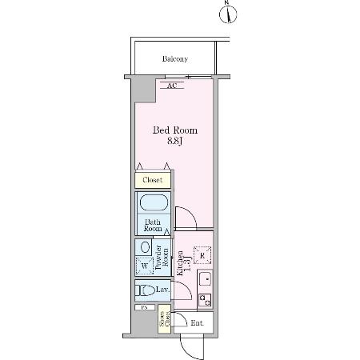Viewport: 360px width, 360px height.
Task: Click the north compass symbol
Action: point(228,13)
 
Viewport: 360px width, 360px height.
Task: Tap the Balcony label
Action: point(174,59)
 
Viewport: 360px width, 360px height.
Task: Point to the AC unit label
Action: point(171,85)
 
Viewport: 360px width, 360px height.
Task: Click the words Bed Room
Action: point(175,130)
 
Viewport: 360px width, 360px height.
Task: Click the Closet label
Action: point(153,181)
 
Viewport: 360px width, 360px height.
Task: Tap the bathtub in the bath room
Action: point(153,203)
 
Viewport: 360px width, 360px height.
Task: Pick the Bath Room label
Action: point(152,225)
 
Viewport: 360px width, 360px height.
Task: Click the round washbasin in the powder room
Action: point(145,248)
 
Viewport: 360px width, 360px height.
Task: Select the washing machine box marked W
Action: point(144,266)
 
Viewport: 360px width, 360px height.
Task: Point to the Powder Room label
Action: point(162,258)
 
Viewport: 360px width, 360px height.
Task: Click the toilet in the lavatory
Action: point(146,290)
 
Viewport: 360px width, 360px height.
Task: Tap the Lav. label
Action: point(162,290)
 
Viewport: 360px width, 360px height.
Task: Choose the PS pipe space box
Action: point(145,307)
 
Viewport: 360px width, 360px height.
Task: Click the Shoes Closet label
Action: point(164,322)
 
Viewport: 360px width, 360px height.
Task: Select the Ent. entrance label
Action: point(197,323)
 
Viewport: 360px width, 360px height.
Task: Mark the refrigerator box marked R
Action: point(202,255)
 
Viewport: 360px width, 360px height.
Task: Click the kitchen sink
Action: point(204,280)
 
